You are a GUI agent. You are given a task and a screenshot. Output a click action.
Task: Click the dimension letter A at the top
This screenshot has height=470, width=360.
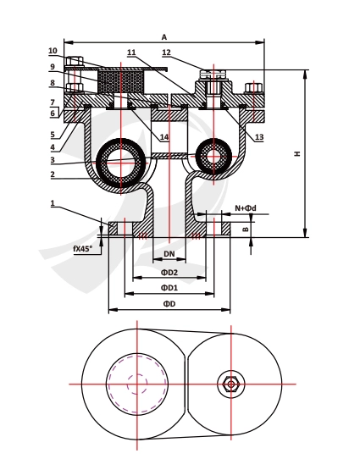[x=164, y=37]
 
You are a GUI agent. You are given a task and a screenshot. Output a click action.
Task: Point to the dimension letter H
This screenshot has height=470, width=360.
[x=296, y=154]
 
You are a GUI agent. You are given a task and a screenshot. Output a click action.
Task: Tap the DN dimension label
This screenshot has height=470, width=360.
[x=169, y=254]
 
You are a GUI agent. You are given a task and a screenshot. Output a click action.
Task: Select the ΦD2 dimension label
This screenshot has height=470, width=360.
[x=169, y=272]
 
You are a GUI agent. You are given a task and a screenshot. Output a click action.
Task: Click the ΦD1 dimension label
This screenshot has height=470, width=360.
[x=169, y=288]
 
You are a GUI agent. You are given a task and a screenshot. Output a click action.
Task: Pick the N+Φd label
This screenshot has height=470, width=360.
[x=246, y=208]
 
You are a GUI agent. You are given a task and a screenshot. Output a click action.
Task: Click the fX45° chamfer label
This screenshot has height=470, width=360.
[x=82, y=248]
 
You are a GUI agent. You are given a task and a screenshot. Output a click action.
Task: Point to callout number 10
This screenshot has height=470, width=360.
[x=53, y=51]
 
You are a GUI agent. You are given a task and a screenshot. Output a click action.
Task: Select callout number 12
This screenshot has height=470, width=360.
[x=166, y=53]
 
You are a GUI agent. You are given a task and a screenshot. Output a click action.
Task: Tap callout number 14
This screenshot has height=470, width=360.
[x=164, y=137]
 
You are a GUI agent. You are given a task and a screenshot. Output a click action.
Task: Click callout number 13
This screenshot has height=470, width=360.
[x=259, y=137]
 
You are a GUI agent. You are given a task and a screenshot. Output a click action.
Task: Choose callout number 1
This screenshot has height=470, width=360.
[x=53, y=203]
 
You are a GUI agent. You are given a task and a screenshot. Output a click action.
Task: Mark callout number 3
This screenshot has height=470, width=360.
[x=53, y=160]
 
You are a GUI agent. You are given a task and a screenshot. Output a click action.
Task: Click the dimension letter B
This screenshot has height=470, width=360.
[x=246, y=229]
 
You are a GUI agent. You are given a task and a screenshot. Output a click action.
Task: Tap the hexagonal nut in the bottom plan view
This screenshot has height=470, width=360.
[x=230, y=384]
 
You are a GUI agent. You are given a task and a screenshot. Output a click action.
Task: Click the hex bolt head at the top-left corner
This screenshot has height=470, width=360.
[x=75, y=61]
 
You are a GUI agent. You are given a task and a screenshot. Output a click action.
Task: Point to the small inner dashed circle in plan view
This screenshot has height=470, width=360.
[x=137, y=384]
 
